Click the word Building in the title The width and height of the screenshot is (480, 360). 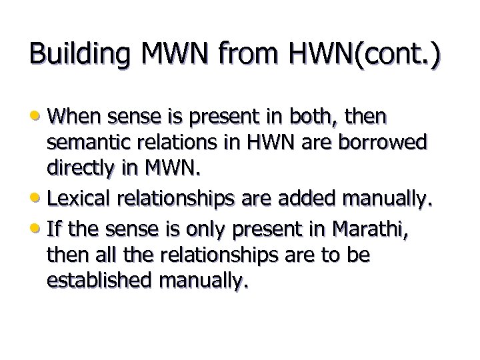point(77,55)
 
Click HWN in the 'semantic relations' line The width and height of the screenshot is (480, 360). point(267,144)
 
